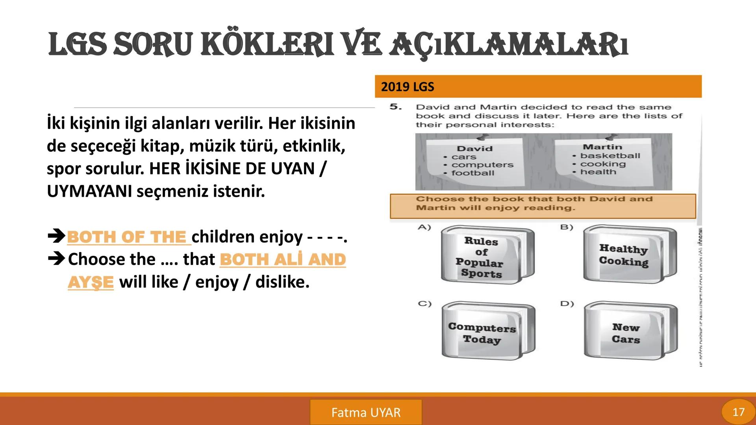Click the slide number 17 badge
point(738,412)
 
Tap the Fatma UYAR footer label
point(366,412)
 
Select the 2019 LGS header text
point(407,87)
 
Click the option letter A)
point(424,227)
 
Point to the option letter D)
point(567,304)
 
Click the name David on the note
point(474,149)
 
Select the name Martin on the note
point(602,147)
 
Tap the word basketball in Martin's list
point(610,156)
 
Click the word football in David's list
point(472,173)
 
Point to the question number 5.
point(395,107)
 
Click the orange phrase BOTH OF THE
point(127,237)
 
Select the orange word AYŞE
point(91,282)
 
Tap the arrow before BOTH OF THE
point(56,237)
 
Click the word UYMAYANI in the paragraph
point(89,192)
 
